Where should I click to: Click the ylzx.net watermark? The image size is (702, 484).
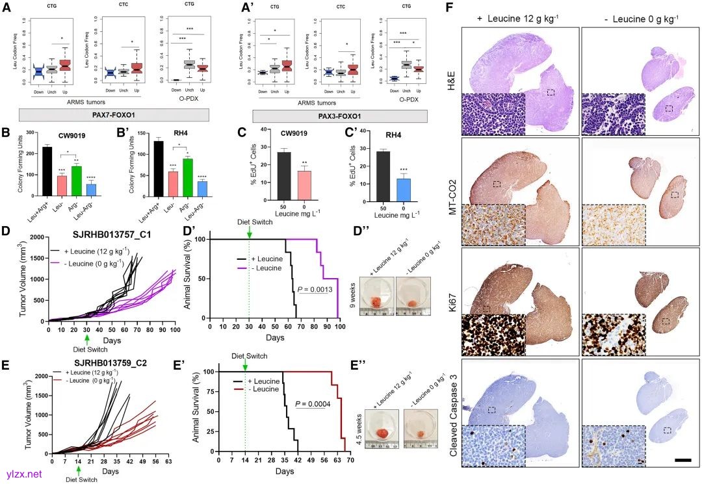point(25,474)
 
